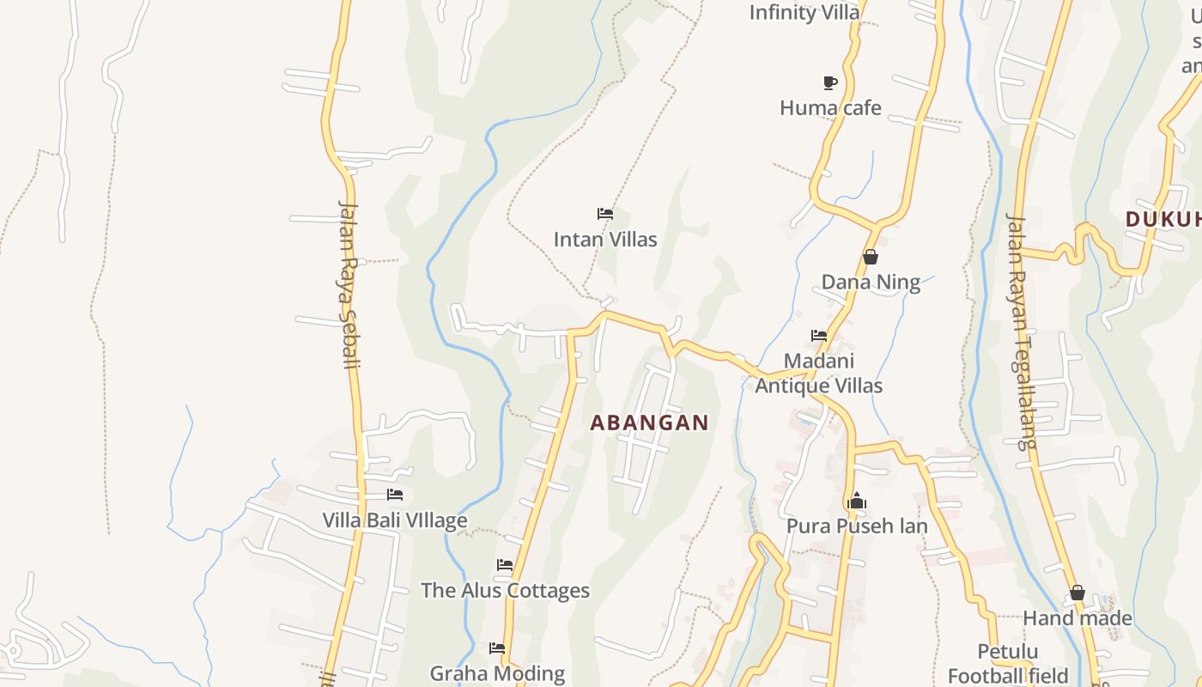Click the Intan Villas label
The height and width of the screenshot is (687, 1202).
pos(605,240)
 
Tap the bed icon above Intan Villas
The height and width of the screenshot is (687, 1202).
pos(605,213)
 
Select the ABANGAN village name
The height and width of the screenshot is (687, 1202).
pos(650,423)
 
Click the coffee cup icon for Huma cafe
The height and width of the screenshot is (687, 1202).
pos(829,82)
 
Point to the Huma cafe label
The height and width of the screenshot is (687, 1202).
pos(830,108)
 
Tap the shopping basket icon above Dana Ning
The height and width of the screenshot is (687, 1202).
pos(871,257)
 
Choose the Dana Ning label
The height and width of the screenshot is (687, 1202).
pos(871,283)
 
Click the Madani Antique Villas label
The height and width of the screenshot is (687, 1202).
pos(818,374)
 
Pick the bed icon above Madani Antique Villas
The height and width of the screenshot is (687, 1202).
pos(819,336)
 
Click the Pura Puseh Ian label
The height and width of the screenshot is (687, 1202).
pos(857,526)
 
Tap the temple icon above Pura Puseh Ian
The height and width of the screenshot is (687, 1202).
pos(856,501)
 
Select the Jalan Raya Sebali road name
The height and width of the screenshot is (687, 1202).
pos(349,283)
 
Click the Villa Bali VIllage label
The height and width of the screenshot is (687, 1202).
pos(395,520)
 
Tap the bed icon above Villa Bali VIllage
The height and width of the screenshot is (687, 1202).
pos(395,495)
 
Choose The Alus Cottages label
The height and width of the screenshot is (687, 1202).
pos(505,591)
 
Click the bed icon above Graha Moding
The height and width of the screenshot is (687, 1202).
pos(497,648)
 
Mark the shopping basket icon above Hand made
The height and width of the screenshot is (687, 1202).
pos(1078,593)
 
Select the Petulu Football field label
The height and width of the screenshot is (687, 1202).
pos(1008,663)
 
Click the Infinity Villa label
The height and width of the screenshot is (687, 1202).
pos(804,12)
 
